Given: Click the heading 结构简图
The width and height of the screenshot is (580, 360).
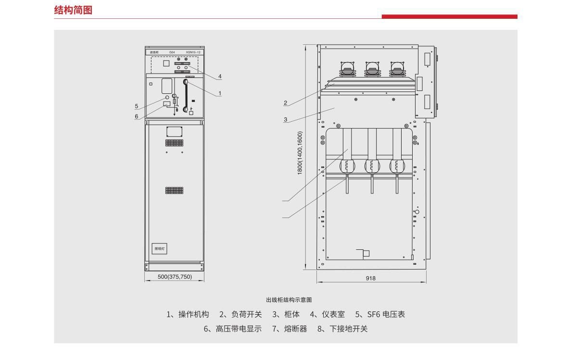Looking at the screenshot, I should (73, 10).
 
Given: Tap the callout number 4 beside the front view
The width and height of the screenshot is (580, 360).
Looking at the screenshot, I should (220, 77).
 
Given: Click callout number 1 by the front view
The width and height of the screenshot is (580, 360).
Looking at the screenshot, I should (220, 93).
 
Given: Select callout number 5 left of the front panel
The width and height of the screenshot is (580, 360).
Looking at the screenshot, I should (137, 106).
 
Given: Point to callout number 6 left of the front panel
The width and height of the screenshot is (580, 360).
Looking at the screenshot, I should (137, 116).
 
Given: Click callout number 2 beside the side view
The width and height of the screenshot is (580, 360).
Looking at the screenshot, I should (285, 103).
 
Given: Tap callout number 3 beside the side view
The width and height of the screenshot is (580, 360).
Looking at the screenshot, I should (285, 119).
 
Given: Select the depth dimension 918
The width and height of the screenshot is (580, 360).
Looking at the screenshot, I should (370, 278).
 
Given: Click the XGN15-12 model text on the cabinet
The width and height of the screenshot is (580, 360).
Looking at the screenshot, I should (193, 52).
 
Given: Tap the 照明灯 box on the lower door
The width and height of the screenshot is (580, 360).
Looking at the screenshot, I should (160, 249).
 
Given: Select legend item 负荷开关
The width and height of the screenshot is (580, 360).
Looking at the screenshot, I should (246, 314).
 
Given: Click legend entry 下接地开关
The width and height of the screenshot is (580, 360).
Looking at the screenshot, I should (348, 329).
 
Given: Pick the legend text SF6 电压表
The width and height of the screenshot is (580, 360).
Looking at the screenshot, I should (386, 314).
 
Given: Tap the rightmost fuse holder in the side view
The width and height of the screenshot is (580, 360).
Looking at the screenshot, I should (397, 166).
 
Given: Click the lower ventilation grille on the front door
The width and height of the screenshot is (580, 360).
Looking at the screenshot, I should (175, 190).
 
